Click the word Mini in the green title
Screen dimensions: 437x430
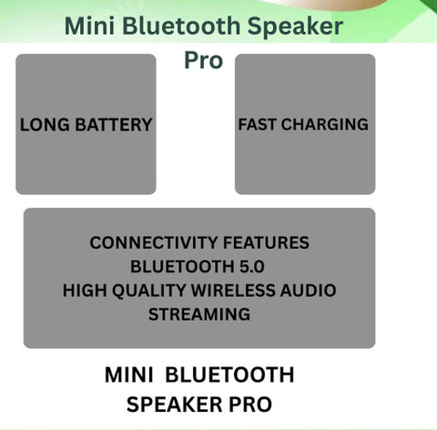point(89,26)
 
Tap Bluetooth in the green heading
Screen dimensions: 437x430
point(181,26)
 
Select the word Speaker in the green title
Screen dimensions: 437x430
point(295,26)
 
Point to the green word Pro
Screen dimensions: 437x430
point(204,60)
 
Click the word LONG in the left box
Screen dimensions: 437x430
point(45,125)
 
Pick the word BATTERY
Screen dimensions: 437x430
point(114,125)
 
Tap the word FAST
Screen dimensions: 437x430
point(257,124)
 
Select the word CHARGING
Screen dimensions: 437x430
point(325,124)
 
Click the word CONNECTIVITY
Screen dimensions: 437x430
point(154,242)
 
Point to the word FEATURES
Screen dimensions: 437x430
point(266,242)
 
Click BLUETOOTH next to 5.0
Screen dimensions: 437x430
point(182,267)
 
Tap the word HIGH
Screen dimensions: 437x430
point(85,291)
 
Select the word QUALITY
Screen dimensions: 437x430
point(149,291)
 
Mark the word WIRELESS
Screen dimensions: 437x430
point(233,291)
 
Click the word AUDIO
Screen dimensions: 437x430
point(308,291)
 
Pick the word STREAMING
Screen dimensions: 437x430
point(199,314)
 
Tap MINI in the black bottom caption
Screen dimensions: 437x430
point(129,374)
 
